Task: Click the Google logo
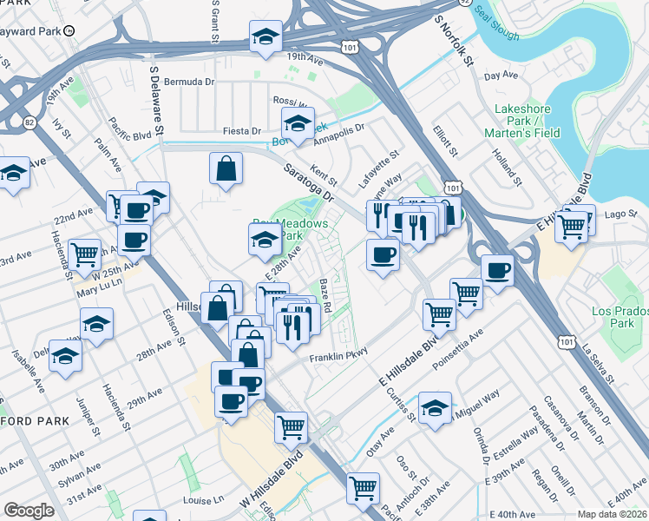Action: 29,511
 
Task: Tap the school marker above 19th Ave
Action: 265,36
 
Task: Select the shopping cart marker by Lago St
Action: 571,224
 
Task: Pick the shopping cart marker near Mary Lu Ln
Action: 86,254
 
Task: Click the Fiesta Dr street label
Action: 242,131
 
